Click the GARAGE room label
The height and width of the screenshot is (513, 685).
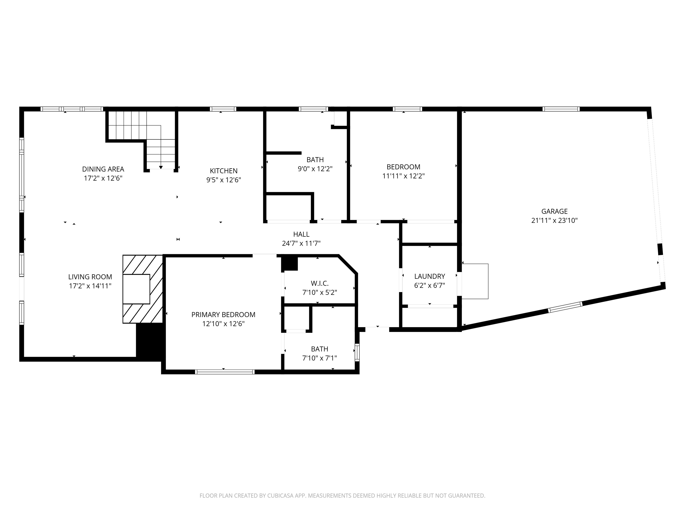(554, 212)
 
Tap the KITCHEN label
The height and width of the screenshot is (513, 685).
(224, 171)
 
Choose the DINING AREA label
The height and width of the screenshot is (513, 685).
(103, 169)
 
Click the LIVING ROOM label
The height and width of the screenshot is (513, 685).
(90, 277)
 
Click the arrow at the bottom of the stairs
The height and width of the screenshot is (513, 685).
(161, 167)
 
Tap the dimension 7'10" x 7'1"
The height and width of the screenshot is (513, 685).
(319, 358)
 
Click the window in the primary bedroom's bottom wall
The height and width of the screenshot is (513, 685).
(225, 372)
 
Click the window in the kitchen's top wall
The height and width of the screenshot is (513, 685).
(223, 109)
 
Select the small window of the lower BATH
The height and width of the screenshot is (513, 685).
(357, 352)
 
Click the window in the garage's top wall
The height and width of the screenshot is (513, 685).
(561, 109)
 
